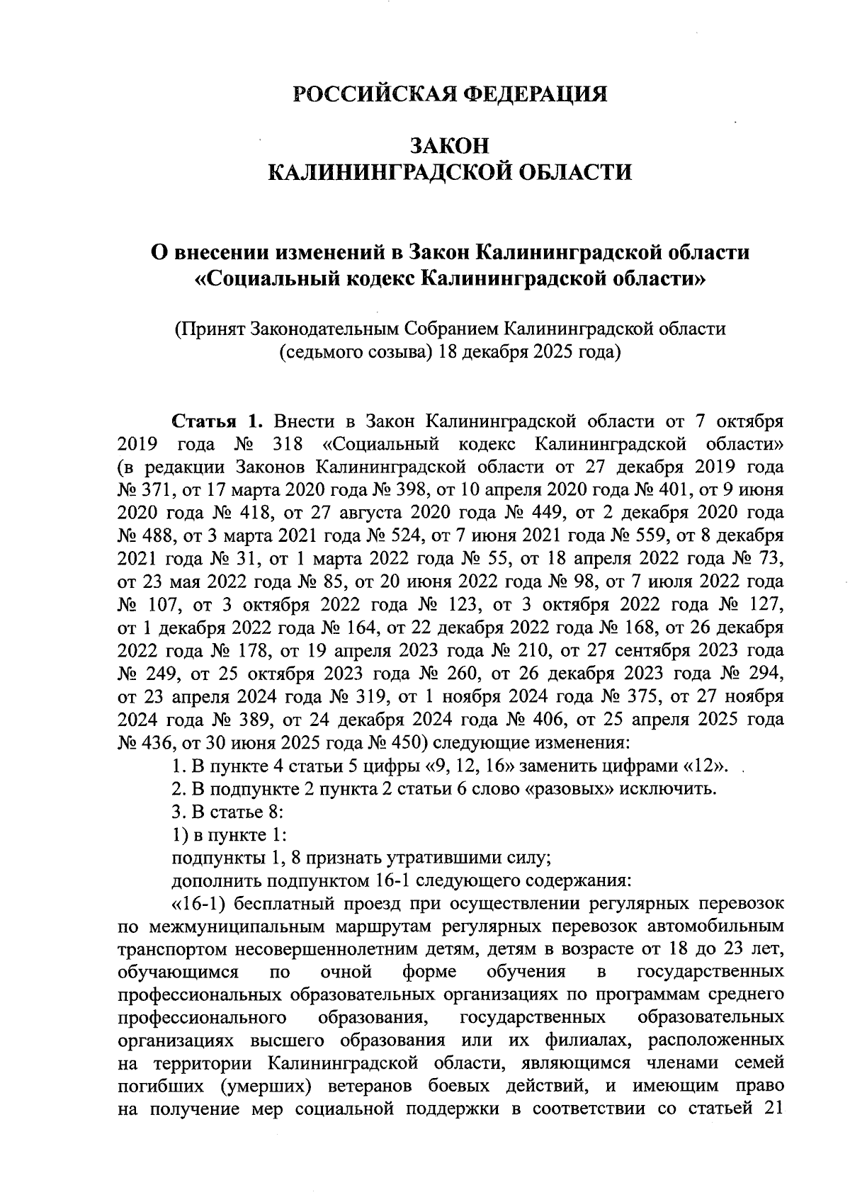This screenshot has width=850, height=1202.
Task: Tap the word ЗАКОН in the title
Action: (x=450, y=145)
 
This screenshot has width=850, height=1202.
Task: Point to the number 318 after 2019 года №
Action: (x=288, y=444)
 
